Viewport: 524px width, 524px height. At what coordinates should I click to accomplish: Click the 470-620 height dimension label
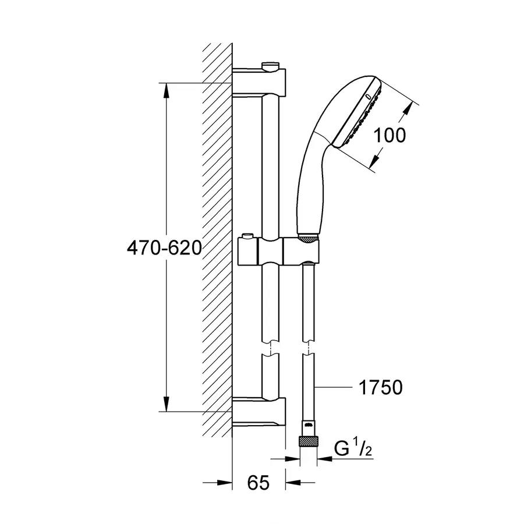[165, 248]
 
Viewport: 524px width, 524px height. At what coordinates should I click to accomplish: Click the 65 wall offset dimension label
[259, 483]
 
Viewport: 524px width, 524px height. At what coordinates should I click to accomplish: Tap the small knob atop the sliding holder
[247, 238]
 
